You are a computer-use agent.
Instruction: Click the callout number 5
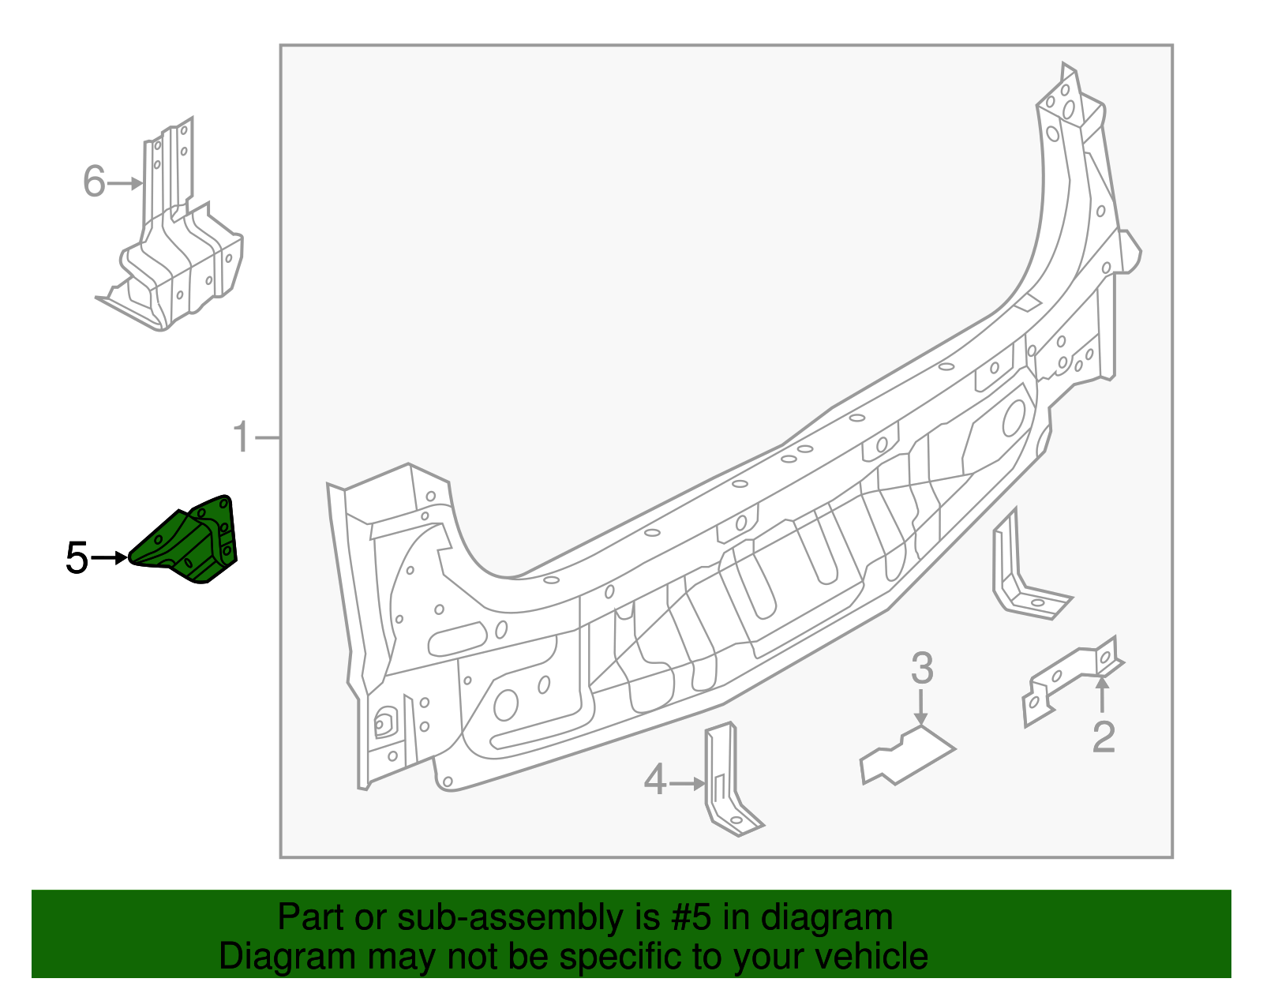click(x=77, y=558)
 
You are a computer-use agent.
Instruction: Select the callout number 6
click(x=94, y=182)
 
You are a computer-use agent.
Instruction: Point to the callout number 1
click(x=242, y=437)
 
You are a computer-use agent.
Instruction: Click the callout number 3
click(x=921, y=669)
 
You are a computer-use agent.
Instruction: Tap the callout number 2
click(x=1103, y=737)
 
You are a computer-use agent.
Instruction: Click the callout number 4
click(x=655, y=781)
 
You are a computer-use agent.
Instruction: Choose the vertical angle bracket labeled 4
click(x=727, y=782)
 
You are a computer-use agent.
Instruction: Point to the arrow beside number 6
click(x=125, y=183)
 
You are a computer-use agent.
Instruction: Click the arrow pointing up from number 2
click(x=1102, y=694)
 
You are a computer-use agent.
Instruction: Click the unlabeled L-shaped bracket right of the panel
click(x=1022, y=576)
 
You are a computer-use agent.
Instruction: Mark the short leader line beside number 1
click(x=268, y=437)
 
